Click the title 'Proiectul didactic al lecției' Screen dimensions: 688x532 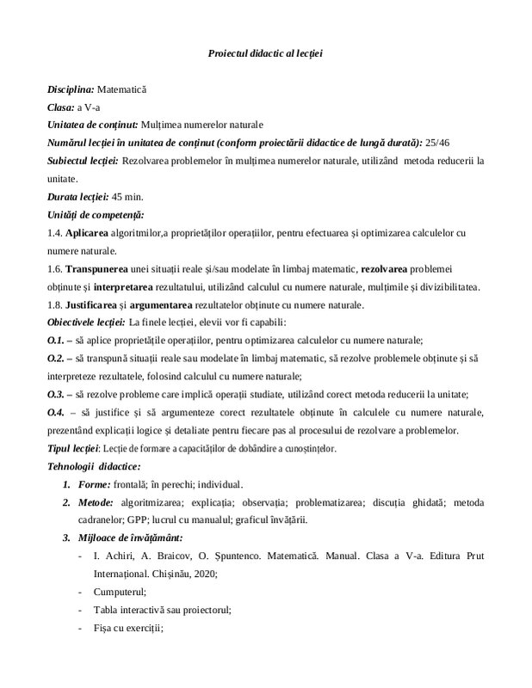265,53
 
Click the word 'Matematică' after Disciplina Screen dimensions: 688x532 123,89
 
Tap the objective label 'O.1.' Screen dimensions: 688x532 56,341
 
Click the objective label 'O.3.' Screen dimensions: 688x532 56,395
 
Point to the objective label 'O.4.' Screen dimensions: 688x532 56,413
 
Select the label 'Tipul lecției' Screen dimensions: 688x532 73,449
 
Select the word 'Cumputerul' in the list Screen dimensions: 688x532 117,592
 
